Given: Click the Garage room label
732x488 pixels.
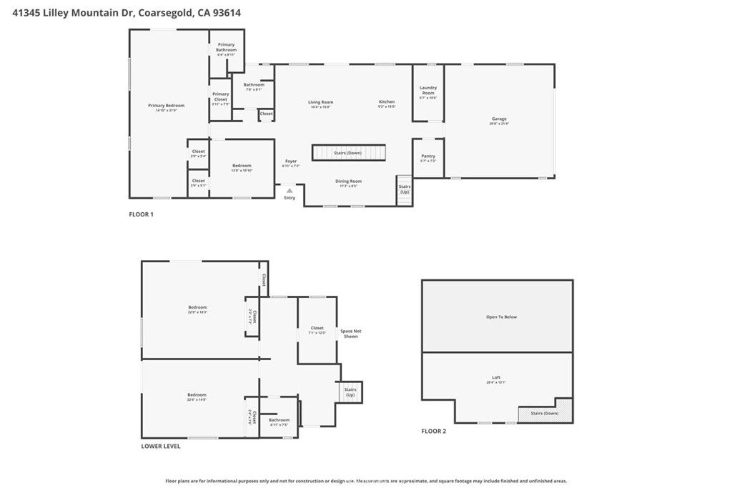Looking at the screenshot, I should (x=499, y=119).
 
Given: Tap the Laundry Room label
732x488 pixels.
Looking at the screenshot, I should (x=428, y=90).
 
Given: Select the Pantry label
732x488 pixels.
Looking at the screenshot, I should (x=428, y=156).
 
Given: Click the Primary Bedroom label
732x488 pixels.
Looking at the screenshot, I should (x=166, y=106).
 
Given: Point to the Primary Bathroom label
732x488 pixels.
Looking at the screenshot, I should (x=226, y=47).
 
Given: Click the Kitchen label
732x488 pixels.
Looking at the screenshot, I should (x=387, y=102).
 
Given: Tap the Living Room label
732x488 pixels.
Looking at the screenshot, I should (x=320, y=102).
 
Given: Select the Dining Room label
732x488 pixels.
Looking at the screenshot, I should (x=349, y=181).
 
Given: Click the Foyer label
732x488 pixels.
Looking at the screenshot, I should (x=290, y=161).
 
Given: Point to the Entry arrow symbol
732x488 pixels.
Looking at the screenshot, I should (x=289, y=191).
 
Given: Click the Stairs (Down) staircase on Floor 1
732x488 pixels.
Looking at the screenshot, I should (x=348, y=153).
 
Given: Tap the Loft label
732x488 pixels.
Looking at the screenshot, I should (x=496, y=377).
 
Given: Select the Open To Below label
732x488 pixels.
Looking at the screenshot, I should (x=500, y=317).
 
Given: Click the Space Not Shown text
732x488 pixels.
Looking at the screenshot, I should (x=350, y=333).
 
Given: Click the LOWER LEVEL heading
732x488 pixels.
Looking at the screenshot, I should (x=161, y=446).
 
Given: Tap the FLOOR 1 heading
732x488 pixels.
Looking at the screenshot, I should (x=141, y=214).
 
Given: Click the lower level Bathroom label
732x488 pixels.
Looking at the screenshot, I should (x=280, y=420).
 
